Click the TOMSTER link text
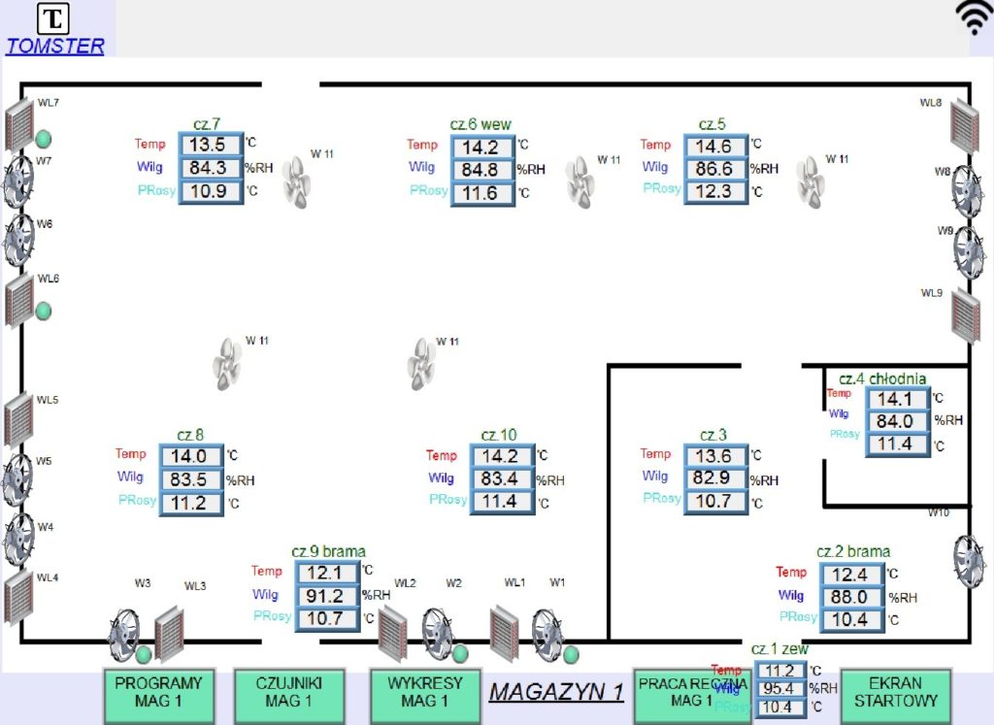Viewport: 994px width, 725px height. pyautogui.click(x=54, y=46)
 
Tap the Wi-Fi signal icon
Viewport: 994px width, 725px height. pyautogui.click(x=974, y=18)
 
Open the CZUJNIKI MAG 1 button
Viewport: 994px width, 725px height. pyautogui.click(x=288, y=691)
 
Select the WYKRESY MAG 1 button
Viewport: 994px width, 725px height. pyautogui.click(x=425, y=691)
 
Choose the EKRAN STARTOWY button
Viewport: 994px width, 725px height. pyautogui.click(x=896, y=691)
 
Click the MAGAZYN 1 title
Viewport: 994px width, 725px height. pyautogui.click(x=556, y=692)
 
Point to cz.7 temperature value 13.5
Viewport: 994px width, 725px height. pyautogui.click(x=208, y=145)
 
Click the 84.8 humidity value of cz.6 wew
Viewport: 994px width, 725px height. pyautogui.click(x=480, y=170)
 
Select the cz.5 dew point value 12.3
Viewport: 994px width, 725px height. pyautogui.click(x=714, y=191)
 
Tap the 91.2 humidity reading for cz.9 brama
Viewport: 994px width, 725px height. pyautogui.click(x=325, y=596)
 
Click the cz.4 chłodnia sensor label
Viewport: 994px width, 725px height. pyautogui.click(x=882, y=379)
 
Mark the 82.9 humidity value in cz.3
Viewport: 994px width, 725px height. pyautogui.click(x=714, y=478)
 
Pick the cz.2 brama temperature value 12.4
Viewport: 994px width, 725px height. pyautogui.click(x=850, y=575)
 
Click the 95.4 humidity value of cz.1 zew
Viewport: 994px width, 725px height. pyautogui.click(x=779, y=689)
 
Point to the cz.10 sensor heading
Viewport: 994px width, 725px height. pyautogui.click(x=499, y=435)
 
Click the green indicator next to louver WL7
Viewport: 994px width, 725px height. pyautogui.click(x=44, y=138)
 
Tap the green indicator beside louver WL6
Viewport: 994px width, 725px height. pyautogui.click(x=44, y=311)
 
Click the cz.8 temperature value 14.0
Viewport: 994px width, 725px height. pyautogui.click(x=190, y=455)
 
